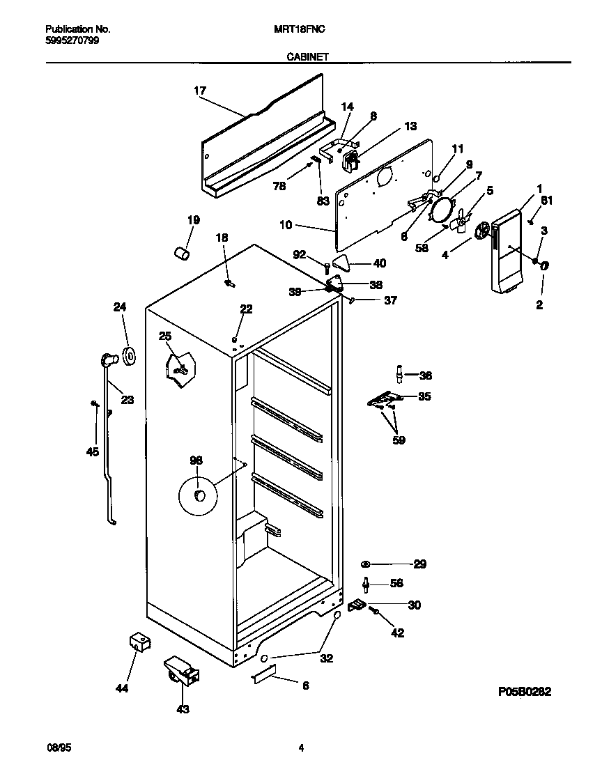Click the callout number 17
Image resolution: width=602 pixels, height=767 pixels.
tap(200, 91)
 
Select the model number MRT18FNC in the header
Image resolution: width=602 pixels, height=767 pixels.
tap(302, 30)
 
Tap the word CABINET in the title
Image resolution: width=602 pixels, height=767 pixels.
tap(307, 59)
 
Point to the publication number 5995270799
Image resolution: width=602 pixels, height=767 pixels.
tap(72, 40)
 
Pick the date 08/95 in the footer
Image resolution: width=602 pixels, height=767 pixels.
tap(59, 748)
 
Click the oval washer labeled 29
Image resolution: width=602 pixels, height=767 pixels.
tap(366, 564)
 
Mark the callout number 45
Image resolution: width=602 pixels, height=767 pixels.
tap(92, 452)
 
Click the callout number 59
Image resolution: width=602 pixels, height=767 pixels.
tap(399, 440)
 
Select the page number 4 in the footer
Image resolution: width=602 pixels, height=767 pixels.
tap(301, 748)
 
